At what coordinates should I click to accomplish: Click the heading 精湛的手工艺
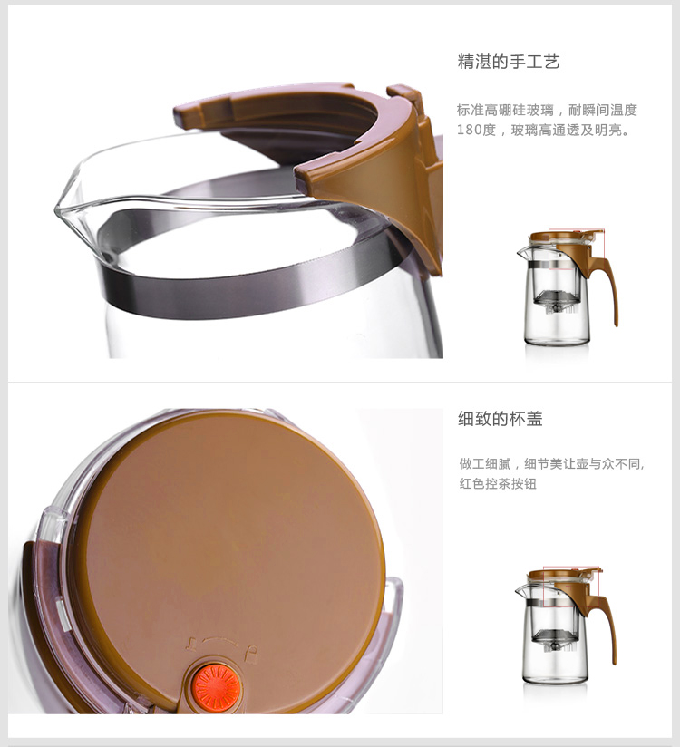tap(509, 62)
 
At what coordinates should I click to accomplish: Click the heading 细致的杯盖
tap(500, 419)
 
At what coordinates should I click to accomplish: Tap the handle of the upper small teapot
tap(608, 286)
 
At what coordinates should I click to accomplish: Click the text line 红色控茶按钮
tap(498, 483)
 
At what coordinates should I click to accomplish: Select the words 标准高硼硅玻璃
tap(505, 110)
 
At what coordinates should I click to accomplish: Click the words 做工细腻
tap(485, 463)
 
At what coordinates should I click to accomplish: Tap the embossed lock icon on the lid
tap(252, 654)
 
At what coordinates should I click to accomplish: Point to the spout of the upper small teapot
tap(522, 252)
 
